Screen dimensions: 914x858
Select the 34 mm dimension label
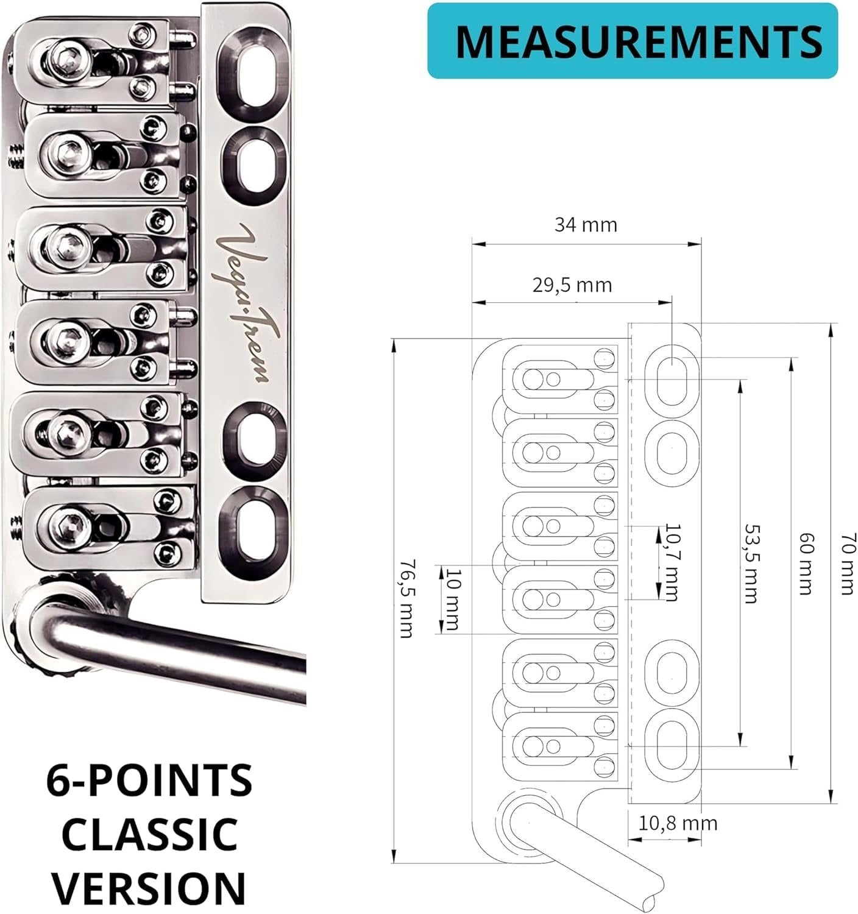point(586,225)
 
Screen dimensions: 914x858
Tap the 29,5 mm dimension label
point(572,285)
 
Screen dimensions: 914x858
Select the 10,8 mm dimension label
point(678,823)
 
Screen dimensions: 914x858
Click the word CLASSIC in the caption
point(150,834)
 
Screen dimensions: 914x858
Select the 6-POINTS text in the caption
point(150,781)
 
